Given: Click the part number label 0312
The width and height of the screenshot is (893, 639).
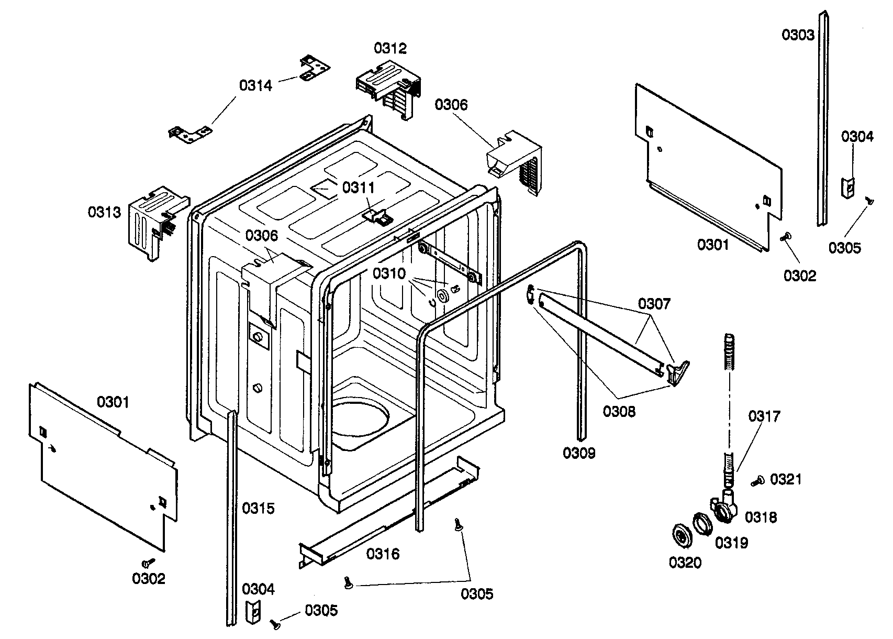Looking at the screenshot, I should coord(390,48).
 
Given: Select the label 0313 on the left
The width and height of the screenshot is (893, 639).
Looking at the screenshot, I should coord(104,212).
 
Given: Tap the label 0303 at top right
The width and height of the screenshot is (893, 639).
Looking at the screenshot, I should coord(798,35).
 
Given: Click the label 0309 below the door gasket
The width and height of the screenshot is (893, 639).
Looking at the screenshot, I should coord(579,453).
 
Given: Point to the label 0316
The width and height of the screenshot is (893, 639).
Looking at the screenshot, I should coord(383,554).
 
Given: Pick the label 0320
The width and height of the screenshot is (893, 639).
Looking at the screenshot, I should coord(685,563).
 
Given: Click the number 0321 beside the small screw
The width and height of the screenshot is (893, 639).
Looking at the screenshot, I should coord(786,479).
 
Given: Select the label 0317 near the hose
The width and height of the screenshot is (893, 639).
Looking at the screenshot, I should coord(764,416).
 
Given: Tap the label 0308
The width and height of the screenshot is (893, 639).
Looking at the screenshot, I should coord(619,412).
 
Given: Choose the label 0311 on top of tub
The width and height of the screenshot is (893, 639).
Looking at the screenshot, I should coord(359,187).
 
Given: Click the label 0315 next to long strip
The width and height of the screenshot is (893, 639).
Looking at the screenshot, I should coord(258,508).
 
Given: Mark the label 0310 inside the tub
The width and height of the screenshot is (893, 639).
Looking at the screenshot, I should coord(389,273).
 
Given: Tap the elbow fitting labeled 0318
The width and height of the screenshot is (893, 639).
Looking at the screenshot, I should coord(725,506).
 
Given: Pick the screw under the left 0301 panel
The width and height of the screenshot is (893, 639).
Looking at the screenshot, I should coord(148,562).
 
